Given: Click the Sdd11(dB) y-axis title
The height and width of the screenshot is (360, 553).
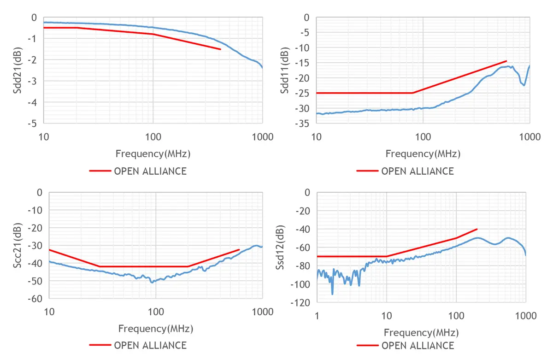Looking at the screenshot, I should tap(285, 71).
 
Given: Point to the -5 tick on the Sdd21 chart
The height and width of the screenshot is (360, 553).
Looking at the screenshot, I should tap(33, 124).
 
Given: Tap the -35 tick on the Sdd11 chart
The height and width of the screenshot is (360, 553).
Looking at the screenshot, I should tap(302, 124).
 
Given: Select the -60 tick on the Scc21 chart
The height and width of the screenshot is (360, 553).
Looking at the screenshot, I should tap(35, 299).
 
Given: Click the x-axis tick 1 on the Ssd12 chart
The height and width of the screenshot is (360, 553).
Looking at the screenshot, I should tap(317, 316).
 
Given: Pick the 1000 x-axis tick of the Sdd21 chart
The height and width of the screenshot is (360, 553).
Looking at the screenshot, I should tap(262, 137).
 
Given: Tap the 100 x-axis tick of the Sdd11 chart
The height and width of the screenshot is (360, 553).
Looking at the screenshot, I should tap(423, 137).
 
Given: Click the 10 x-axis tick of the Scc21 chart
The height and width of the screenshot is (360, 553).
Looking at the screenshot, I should tap(49, 312).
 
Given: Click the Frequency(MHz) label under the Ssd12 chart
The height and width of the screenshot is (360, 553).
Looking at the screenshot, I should tap(421, 332).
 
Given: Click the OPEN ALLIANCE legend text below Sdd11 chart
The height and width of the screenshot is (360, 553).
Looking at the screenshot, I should tap(418, 171).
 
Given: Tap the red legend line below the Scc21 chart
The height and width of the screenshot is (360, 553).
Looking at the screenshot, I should tap(100, 345).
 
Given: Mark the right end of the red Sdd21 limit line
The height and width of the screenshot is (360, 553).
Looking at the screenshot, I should tap(221, 49).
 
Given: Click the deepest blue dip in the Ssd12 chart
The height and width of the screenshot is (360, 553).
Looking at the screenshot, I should tap(332, 294).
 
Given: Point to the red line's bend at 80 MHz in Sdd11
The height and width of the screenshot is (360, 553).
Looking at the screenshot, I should tap(412, 93).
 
